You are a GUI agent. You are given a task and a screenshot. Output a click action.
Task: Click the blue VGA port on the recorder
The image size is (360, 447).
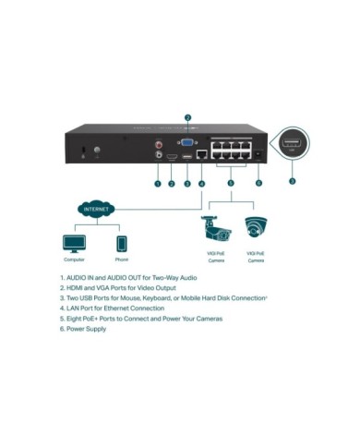(186, 144)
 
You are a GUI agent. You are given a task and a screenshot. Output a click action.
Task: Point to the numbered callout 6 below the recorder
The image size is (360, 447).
(259, 184)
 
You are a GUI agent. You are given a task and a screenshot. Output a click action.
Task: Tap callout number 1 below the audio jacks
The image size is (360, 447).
(158, 184)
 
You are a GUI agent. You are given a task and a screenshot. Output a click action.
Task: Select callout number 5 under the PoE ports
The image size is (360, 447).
(231, 184)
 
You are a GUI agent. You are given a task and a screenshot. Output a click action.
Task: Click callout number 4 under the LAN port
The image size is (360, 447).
(201, 184)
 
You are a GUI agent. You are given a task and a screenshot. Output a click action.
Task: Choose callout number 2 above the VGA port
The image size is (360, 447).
(187, 118)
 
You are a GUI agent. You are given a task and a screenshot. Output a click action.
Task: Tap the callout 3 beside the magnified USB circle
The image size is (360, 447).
(293, 181)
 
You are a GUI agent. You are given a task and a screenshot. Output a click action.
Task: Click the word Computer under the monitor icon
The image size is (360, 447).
(74, 260)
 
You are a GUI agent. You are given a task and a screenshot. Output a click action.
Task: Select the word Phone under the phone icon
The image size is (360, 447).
(121, 260)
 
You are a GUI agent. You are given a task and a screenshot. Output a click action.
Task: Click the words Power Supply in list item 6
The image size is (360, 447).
(87, 329)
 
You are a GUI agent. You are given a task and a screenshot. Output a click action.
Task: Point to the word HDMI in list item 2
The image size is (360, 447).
(77, 287)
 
